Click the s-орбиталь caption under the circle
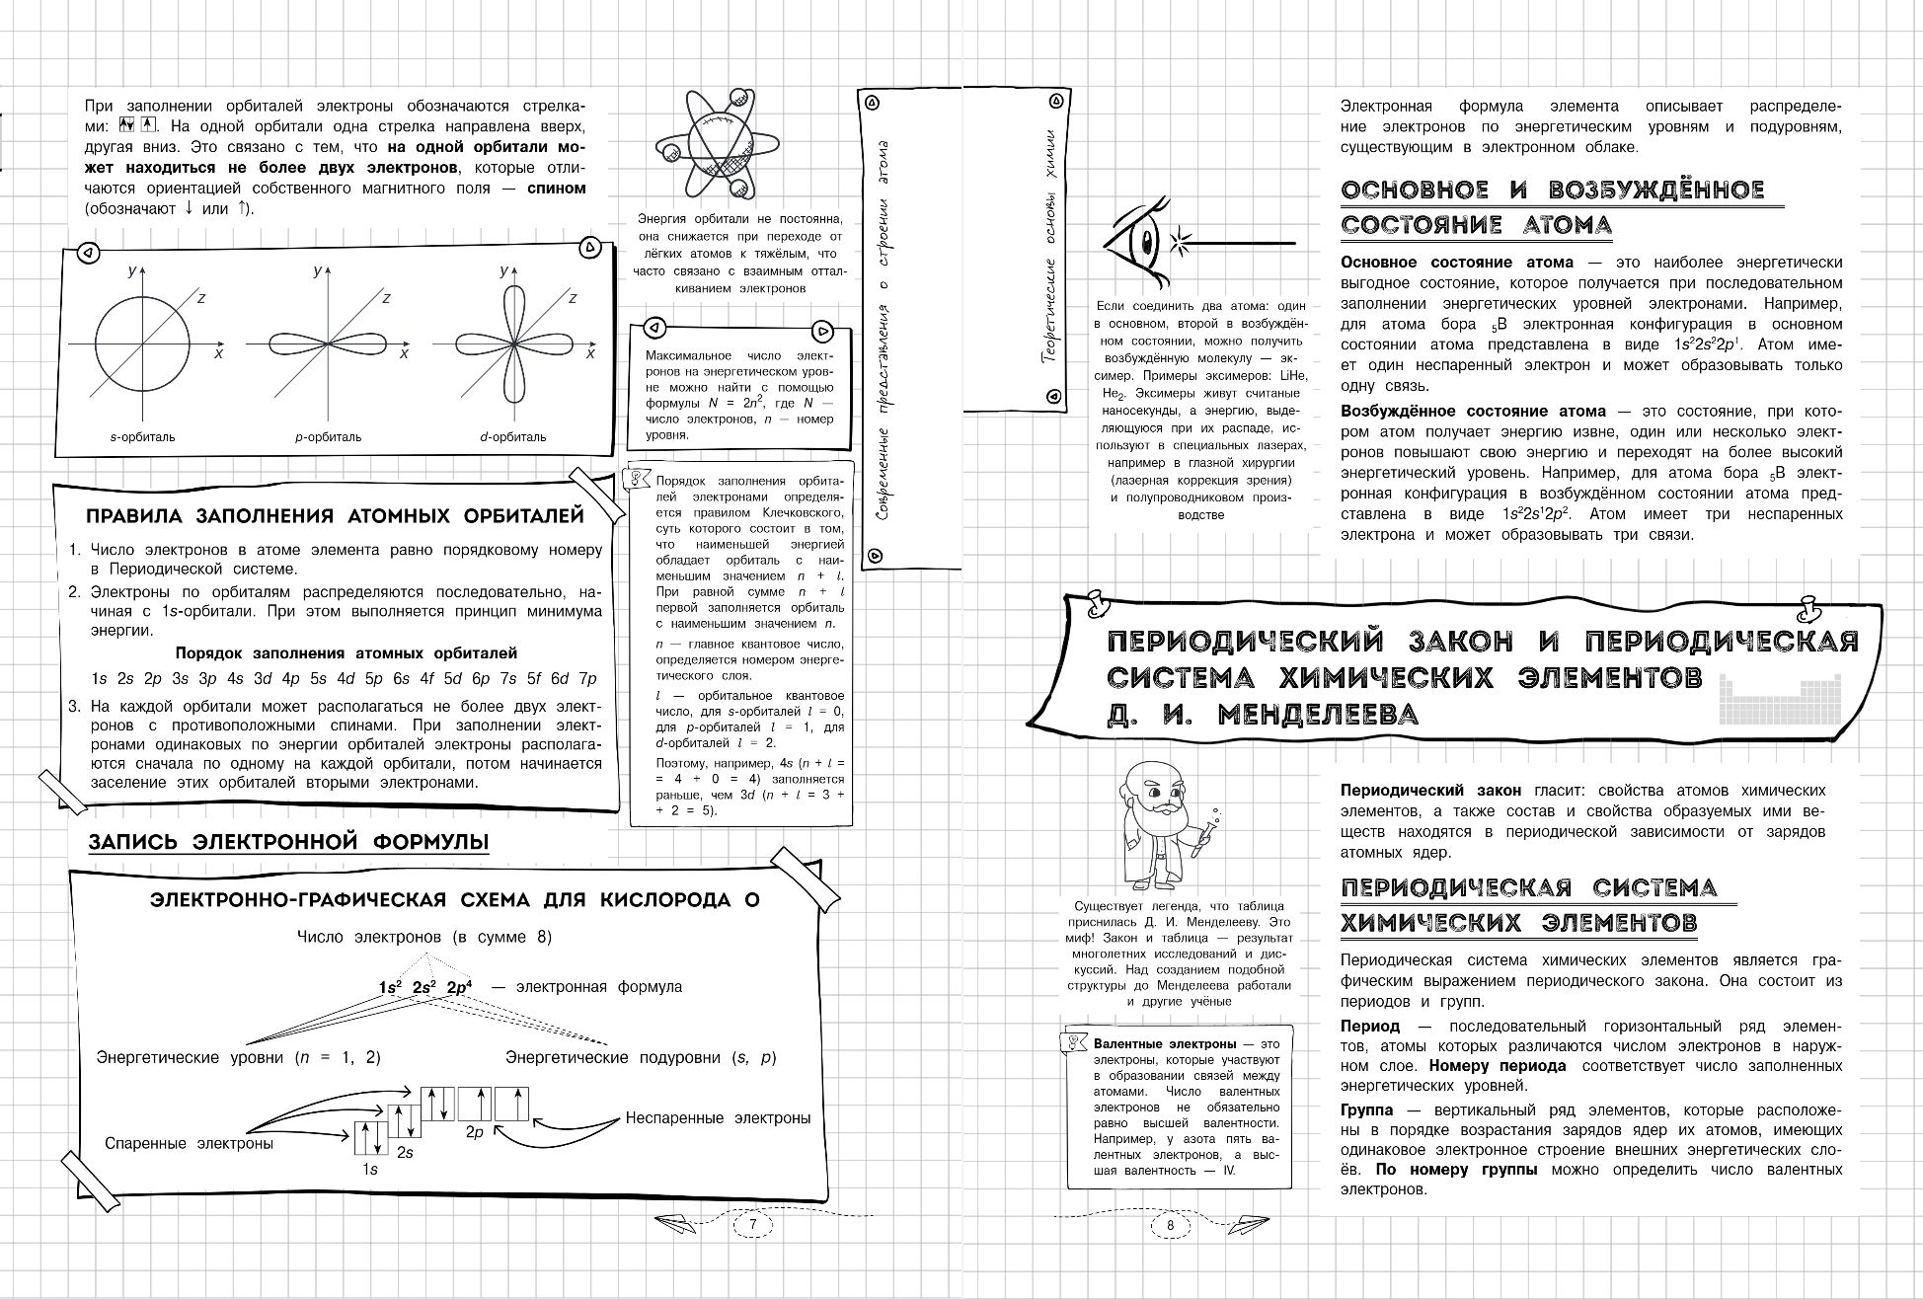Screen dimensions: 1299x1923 142,436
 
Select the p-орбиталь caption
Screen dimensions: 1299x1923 328,436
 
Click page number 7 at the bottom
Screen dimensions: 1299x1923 752,1225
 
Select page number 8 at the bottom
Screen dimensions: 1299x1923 1170,1225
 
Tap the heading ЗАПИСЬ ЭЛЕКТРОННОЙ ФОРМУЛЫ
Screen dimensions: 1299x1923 288,842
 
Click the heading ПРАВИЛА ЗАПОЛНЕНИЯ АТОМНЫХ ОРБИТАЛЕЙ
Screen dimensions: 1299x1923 335,516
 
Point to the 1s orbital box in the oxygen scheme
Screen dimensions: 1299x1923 370,1138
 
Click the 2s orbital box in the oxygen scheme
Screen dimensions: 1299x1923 404,1122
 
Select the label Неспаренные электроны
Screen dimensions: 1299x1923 718,1118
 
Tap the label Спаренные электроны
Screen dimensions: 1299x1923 189,1143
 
